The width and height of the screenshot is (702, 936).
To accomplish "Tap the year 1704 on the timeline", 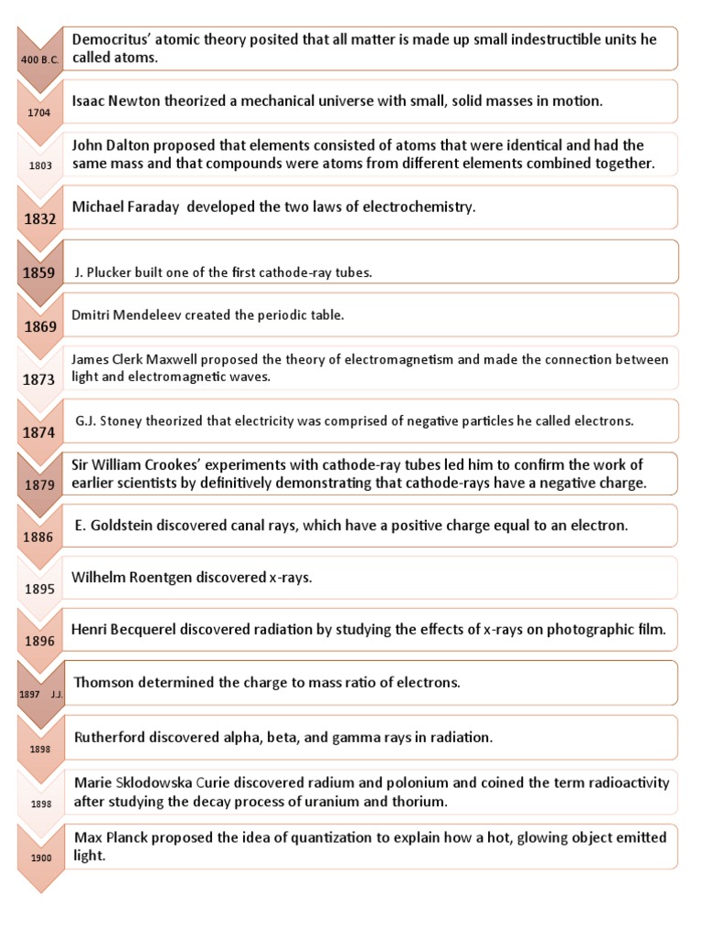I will point(37,113).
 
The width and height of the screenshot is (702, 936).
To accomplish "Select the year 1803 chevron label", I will point(37,166).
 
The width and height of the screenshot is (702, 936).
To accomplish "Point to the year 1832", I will point(37,219).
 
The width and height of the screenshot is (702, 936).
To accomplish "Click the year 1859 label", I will point(37,272).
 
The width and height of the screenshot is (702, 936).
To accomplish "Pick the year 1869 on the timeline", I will point(37,325).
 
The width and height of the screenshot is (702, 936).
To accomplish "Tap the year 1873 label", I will point(37,378).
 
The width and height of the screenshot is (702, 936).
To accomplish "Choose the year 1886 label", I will point(37,537).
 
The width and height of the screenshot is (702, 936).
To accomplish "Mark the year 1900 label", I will point(37,857).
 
